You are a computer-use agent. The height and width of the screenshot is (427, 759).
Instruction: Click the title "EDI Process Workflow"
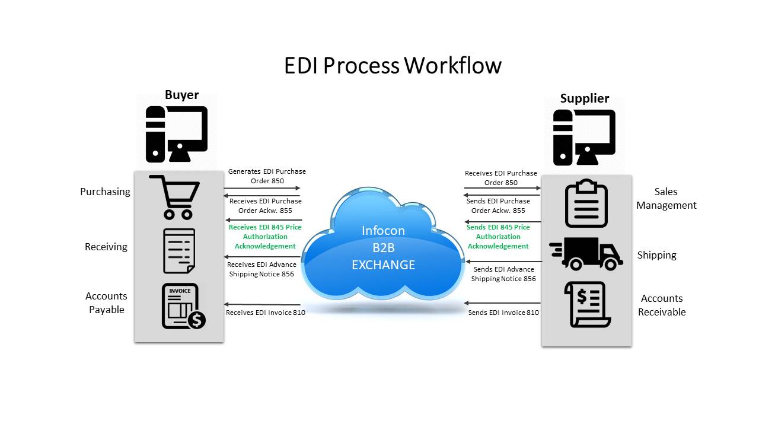[393, 65]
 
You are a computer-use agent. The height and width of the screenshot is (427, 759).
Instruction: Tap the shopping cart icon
[176, 197]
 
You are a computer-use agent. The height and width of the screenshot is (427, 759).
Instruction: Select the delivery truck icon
[586, 254]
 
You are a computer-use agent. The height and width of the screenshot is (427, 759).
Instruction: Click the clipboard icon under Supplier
[586, 203]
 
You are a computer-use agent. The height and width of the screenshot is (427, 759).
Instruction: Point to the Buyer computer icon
[177, 133]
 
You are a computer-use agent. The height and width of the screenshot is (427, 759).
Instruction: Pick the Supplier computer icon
[584, 137]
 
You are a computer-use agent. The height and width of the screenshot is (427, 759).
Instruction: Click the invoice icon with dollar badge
[183, 306]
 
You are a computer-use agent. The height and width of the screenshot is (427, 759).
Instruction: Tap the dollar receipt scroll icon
[587, 304]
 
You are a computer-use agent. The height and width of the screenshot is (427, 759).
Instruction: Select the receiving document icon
[178, 250]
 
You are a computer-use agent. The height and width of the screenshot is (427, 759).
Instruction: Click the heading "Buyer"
[181, 95]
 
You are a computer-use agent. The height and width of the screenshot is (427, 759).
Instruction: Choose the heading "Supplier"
[584, 98]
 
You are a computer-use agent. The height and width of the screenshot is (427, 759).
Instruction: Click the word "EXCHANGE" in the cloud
[383, 265]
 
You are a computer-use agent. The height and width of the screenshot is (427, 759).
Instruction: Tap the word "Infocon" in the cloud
[383, 230]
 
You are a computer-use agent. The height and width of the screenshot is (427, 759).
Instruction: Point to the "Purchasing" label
[105, 192]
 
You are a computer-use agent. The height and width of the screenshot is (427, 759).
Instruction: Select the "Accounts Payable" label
[106, 302]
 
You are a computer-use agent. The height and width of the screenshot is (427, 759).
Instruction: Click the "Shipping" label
[656, 255]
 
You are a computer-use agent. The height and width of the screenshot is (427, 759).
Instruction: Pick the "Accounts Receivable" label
[661, 305]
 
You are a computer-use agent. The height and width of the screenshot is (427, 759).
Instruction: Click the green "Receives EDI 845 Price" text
[265, 227]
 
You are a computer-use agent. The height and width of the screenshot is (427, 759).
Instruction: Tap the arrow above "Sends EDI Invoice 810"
[502, 303]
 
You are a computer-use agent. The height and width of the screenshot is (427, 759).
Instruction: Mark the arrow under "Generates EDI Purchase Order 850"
[261, 189]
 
